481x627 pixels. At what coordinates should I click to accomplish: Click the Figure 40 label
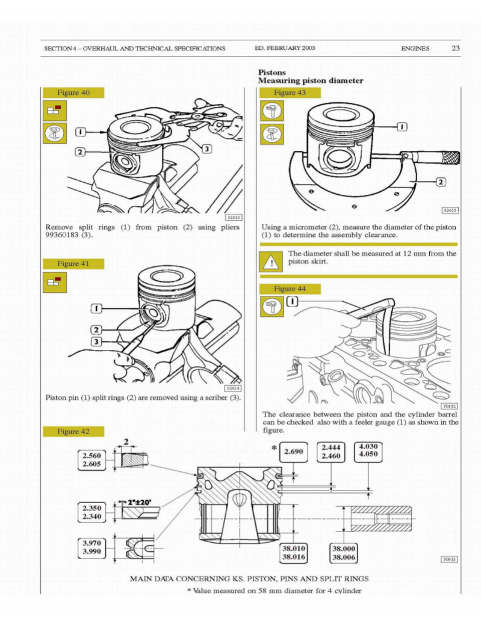pos(73,93)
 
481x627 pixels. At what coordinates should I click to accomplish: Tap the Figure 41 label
pos(73,263)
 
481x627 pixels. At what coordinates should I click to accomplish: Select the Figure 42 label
pos(73,431)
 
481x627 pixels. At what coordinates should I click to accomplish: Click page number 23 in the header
pos(455,48)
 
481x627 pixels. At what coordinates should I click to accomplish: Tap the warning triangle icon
pos(272,262)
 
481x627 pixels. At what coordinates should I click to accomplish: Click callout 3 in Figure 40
pos(206,148)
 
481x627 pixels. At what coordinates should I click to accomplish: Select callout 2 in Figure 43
pos(440,181)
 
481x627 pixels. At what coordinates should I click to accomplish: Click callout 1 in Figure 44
pos(292,301)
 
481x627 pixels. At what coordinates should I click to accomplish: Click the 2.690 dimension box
pos(296,451)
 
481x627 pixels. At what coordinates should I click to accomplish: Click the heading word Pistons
pos(272,72)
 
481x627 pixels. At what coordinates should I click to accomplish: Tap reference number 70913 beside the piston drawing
pos(449,559)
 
